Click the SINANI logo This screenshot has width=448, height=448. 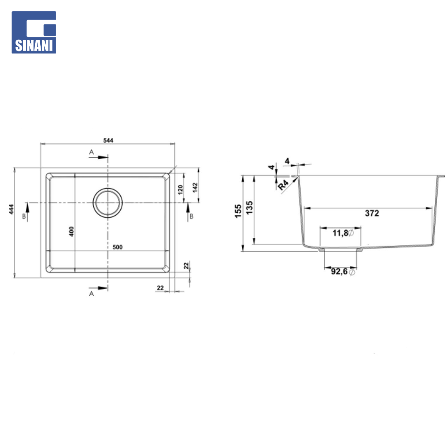click(x=34, y=32)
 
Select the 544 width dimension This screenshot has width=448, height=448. click(x=108, y=140)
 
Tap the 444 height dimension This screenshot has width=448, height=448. click(x=11, y=209)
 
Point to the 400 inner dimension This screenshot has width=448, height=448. click(x=71, y=231)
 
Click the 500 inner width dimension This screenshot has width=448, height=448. click(x=117, y=247)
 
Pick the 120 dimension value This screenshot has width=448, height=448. click(x=180, y=190)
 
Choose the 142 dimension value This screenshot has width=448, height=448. click(x=195, y=188)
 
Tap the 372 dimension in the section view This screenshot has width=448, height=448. click(x=372, y=213)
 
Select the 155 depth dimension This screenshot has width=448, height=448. click(x=238, y=211)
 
